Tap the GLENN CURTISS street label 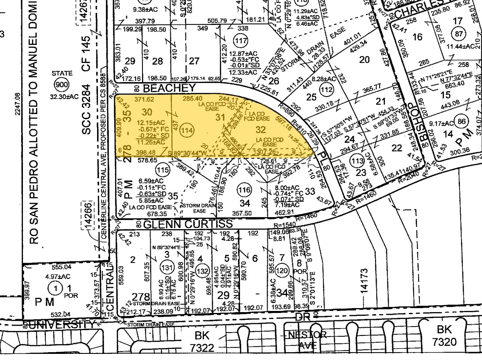[188, 224]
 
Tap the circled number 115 [163, 169]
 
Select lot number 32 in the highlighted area [261, 129]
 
